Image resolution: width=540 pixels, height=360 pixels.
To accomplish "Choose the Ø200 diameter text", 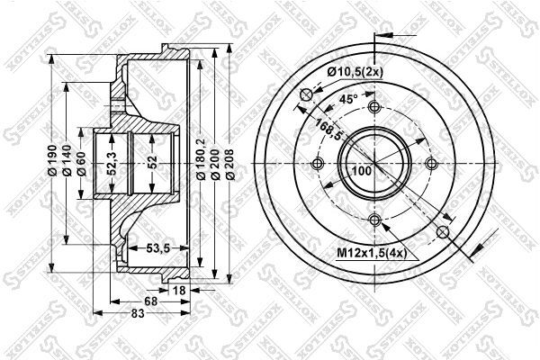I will (215, 165).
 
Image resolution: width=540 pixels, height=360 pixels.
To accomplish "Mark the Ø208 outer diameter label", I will (230, 165).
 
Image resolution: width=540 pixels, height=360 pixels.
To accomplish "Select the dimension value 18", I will (178, 290).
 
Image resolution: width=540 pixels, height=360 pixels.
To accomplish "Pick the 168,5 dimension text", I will (322, 130).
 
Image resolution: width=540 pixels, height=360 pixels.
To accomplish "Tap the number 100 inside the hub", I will (362, 170).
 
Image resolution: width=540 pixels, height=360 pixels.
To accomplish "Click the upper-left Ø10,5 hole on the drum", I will (306, 94).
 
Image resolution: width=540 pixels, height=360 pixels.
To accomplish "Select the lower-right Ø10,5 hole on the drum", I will (443, 232).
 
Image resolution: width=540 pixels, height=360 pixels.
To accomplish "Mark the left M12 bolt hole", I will (317, 164).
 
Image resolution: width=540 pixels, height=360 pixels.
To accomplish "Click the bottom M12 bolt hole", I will (374, 220).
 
